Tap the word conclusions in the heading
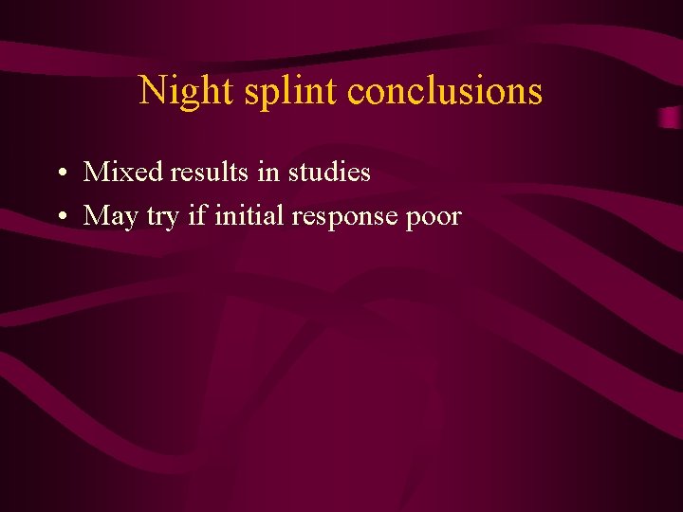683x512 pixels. pyautogui.click(x=445, y=91)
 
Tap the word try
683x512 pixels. pyautogui.click(x=162, y=217)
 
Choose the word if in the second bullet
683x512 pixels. pyautogui.click(x=197, y=215)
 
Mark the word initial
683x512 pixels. pyautogui.click(x=249, y=215)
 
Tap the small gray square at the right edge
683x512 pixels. pyautogui.click(x=672, y=118)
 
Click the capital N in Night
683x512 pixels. pyautogui.click(x=152, y=91)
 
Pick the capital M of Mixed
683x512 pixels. pyautogui.click(x=96, y=172)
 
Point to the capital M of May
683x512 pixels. pyautogui.click(x=96, y=216)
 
